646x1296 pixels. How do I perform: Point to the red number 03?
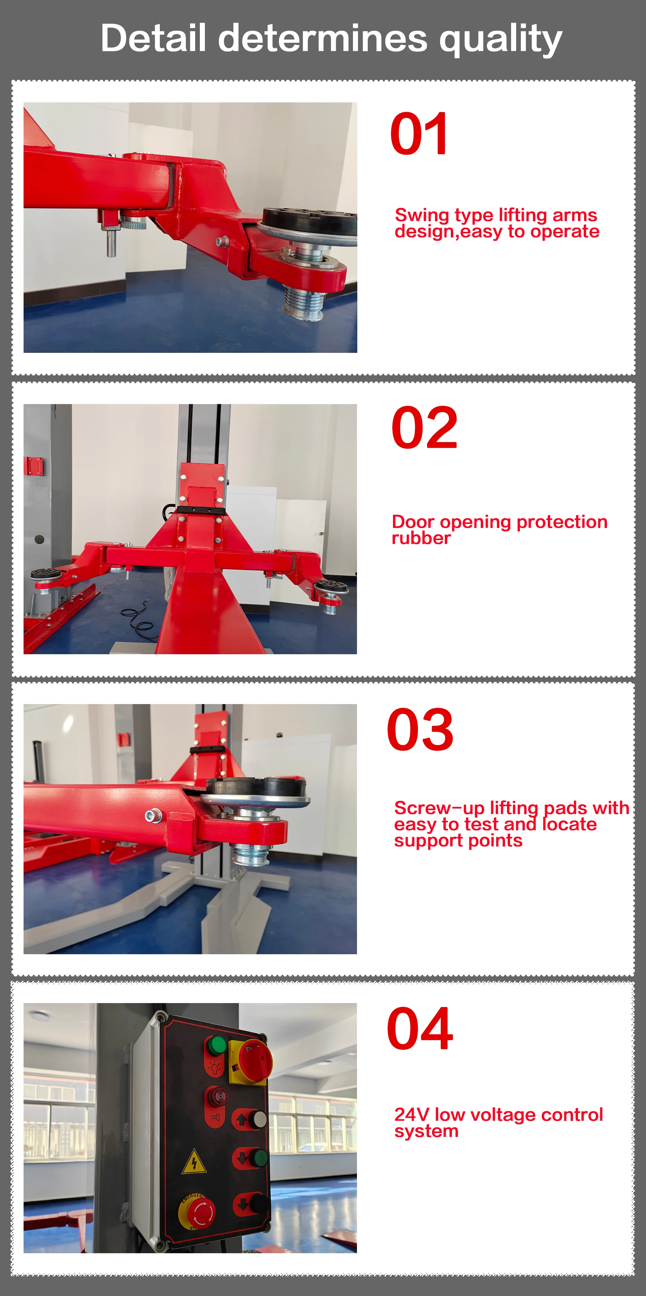coord(420,730)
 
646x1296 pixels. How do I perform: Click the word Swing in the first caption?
coord(422,215)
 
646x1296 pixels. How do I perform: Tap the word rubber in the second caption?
coord(421,538)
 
